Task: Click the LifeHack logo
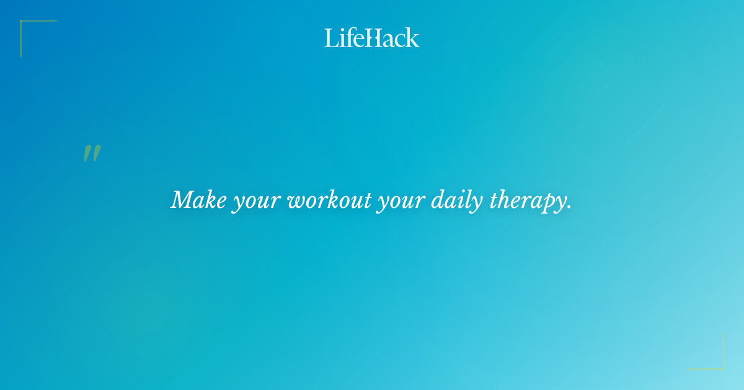point(372,38)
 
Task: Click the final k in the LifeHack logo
point(413,38)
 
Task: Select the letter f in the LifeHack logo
point(348,37)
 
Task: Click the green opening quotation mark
point(92,154)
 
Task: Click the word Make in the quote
point(198,200)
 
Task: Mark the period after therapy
point(569,208)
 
